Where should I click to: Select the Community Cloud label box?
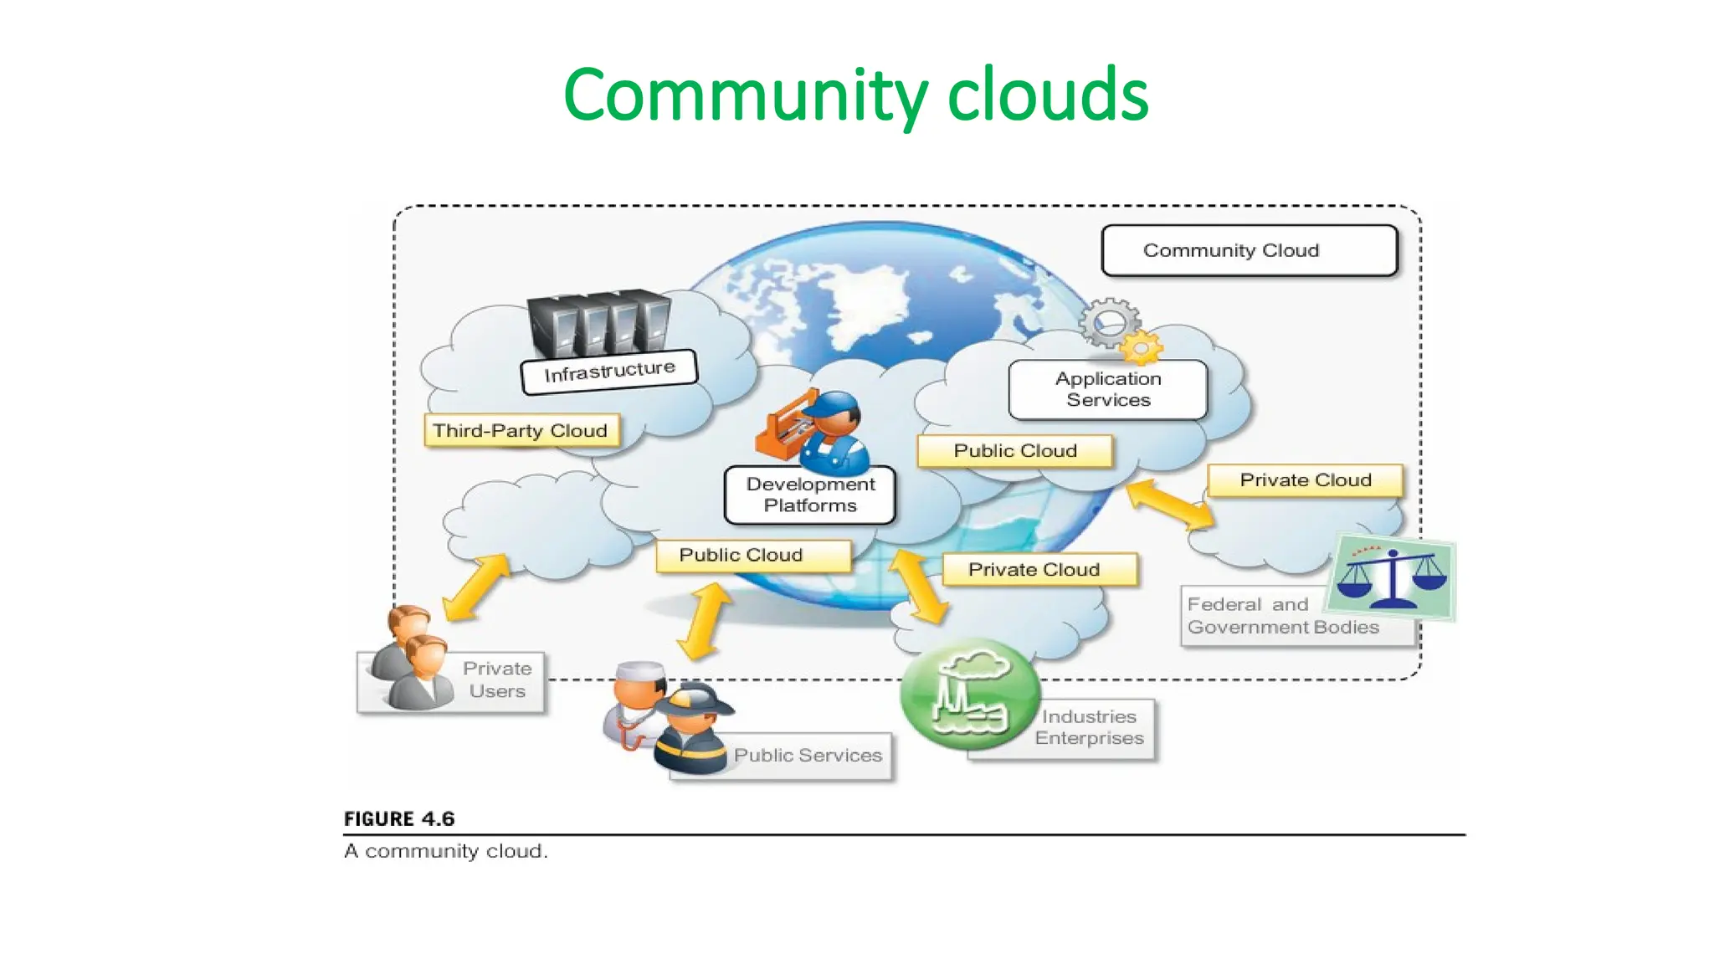(1249, 250)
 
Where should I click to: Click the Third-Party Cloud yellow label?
(521, 431)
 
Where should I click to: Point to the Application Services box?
(1108, 390)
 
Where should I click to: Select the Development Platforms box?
(809, 495)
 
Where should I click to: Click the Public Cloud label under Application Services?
(1015, 451)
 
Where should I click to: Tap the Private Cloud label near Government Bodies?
(1305, 480)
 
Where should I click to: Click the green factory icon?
(969, 694)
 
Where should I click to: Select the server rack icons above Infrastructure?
(599, 324)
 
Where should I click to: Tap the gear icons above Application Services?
(1117, 331)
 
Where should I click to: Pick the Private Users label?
(497, 679)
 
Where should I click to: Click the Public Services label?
(807, 756)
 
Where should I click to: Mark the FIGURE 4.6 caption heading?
(399, 819)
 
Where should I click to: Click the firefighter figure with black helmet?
(693, 728)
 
